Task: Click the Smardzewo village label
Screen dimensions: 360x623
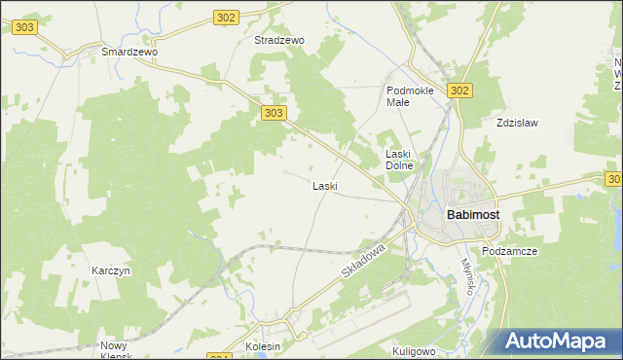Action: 129,51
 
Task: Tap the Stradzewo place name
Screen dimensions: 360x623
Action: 279,41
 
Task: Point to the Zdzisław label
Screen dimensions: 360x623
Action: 517,124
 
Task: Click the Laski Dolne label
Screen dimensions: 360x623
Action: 400,160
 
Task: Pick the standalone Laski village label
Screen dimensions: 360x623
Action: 324,186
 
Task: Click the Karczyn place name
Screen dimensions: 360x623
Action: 111,270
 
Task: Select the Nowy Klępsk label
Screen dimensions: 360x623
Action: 120,350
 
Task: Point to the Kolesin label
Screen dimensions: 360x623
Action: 263,346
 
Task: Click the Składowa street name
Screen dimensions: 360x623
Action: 364,263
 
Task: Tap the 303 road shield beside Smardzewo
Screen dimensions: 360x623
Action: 25,28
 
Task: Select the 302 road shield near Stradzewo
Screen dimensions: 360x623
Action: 226,18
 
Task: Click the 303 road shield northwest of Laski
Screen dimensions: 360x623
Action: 274,114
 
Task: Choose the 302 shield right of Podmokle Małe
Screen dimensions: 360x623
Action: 460,90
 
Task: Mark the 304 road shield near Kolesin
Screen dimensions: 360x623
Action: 221,355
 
